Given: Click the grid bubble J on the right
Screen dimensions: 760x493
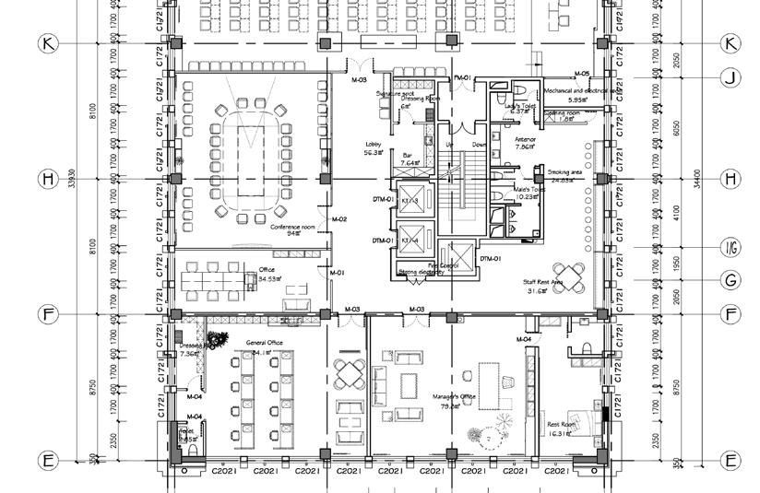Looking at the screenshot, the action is point(730,79).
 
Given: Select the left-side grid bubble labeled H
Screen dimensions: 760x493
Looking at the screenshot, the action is point(48,178).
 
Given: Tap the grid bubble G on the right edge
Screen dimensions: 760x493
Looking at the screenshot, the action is point(730,280).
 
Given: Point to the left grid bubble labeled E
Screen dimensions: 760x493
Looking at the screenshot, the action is point(48,460).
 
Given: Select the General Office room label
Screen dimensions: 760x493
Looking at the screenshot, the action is point(265,343).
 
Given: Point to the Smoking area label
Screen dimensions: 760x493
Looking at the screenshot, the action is point(565,172).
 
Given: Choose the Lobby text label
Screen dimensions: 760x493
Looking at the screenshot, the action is point(374,145).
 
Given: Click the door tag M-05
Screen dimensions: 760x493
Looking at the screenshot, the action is point(581,74).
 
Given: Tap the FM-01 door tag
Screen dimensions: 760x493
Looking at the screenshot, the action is point(463,77).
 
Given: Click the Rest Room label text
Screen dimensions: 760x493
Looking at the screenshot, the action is point(562,425).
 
